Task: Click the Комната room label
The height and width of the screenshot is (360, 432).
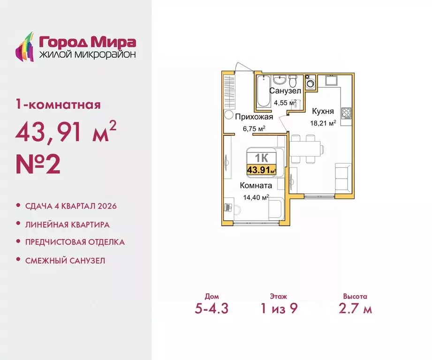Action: point(256,186)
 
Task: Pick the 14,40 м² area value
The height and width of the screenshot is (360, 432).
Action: point(255,197)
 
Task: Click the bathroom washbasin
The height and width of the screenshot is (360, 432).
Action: point(279,78)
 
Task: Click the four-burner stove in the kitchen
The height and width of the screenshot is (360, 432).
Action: point(347,112)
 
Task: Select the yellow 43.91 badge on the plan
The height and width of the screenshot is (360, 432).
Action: point(261,170)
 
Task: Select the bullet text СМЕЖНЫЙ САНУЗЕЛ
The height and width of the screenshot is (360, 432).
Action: point(66,260)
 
